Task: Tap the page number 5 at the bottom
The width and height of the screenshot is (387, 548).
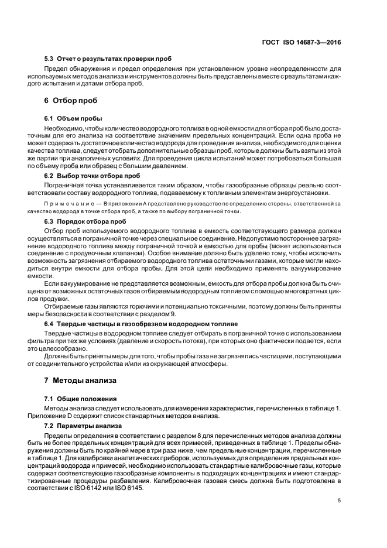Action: (340, 500)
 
